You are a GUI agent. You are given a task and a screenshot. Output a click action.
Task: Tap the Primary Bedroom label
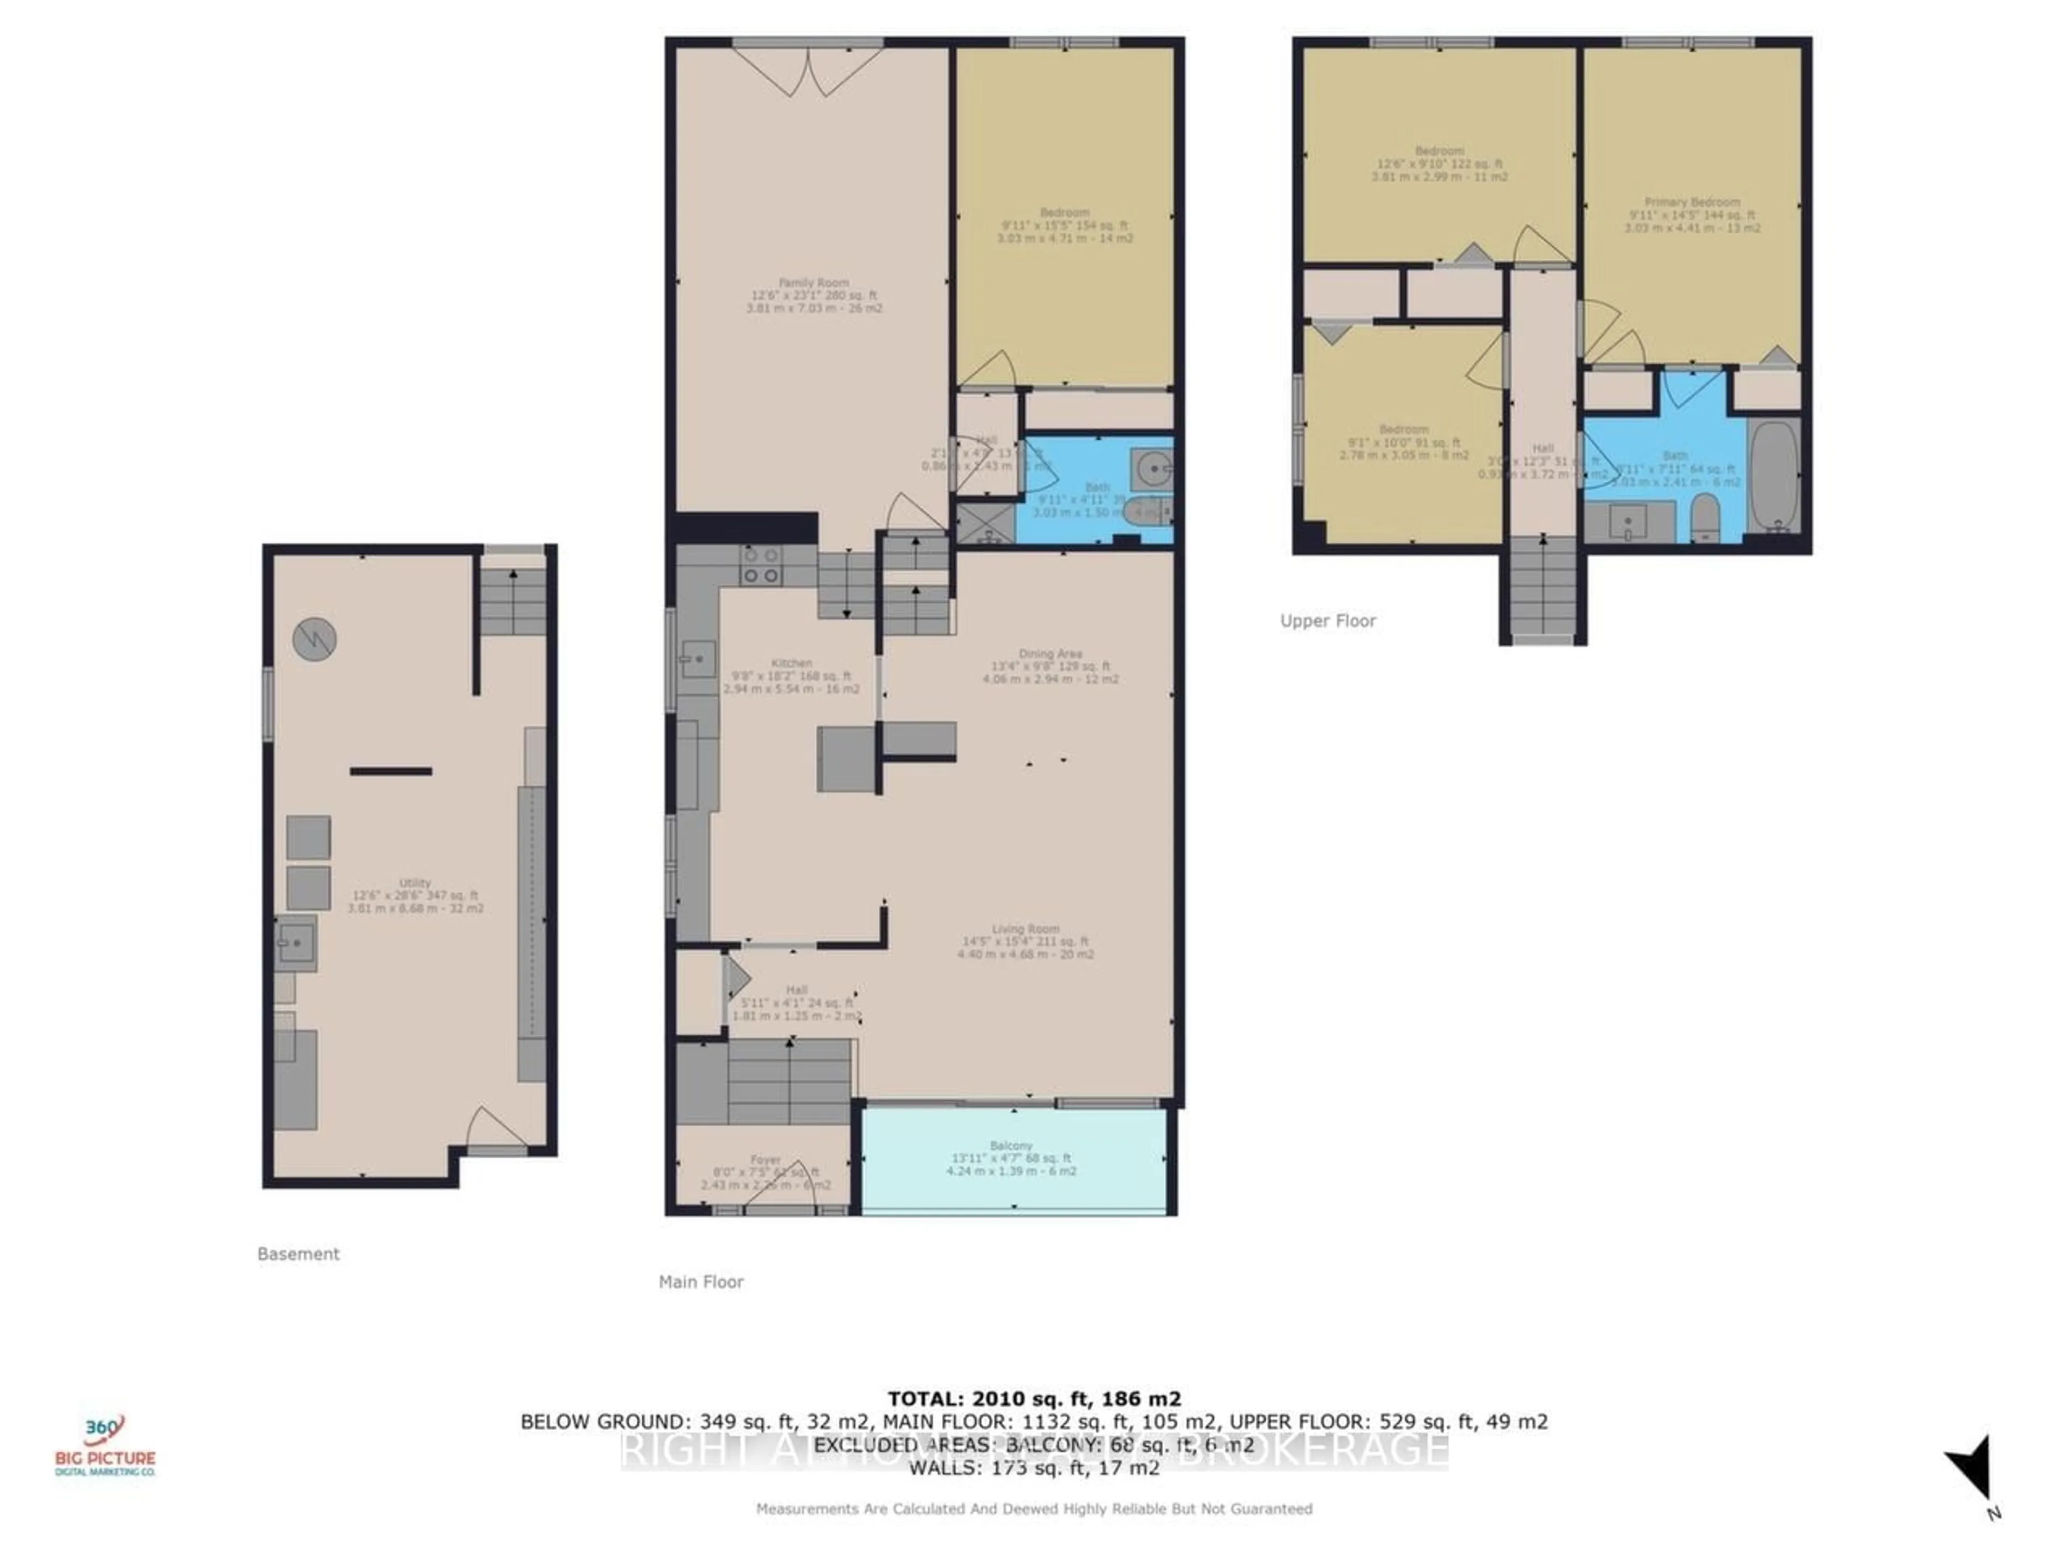(1692, 202)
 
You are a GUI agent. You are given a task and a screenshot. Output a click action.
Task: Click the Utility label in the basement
(415, 882)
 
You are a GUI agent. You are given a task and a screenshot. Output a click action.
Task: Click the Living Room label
(1025, 929)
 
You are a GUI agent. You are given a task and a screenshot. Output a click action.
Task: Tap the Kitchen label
(792, 662)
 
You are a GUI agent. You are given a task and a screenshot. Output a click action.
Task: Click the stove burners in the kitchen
(760, 565)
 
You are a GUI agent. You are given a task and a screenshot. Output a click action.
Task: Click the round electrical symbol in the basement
(314, 640)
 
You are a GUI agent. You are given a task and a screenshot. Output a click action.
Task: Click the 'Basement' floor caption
(298, 1253)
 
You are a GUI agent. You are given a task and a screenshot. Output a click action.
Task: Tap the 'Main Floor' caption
(700, 1281)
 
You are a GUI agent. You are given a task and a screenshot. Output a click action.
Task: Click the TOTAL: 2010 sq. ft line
(1033, 1398)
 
